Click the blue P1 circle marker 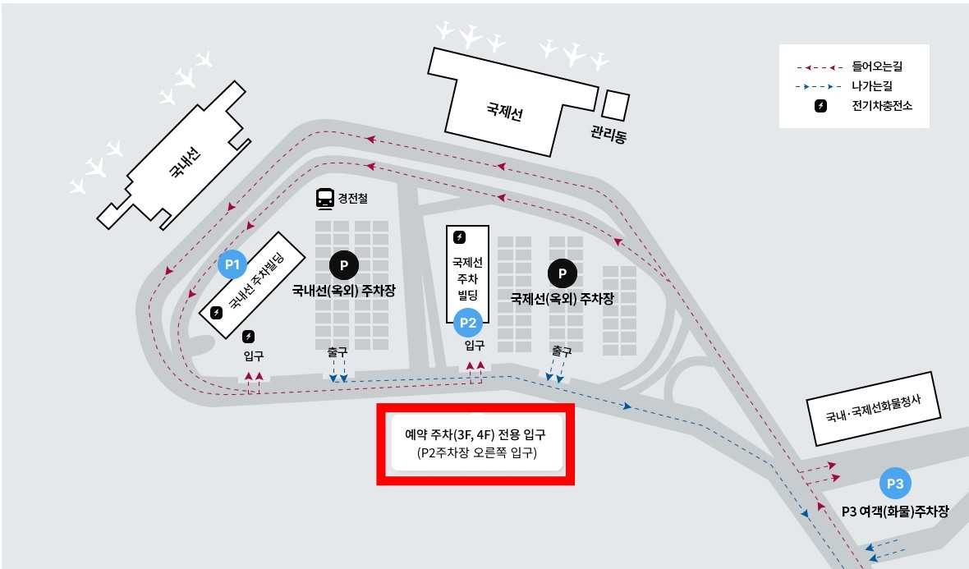point(232,264)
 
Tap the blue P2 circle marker point(468,322)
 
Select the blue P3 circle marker point(895,484)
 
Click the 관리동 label point(608,134)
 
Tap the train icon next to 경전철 point(325,198)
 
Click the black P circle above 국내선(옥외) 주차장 point(344,264)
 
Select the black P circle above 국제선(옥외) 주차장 point(563,273)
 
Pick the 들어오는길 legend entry point(883,66)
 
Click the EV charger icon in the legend point(820,106)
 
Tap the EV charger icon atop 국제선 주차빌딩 point(460,237)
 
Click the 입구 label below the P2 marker point(474,345)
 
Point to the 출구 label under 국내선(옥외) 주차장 point(338,351)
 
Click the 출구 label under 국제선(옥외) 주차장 point(562,351)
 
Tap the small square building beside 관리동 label point(616,105)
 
